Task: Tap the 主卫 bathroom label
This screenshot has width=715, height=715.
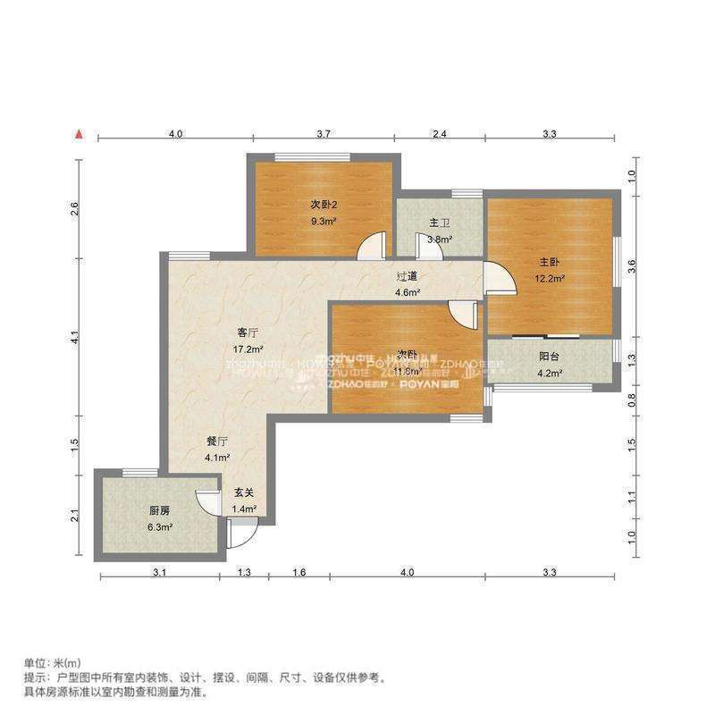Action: tap(439, 223)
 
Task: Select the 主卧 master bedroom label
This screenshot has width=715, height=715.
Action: tap(549, 262)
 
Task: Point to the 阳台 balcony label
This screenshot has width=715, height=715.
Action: tap(550, 357)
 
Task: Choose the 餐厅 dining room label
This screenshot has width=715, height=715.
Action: tap(217, 442)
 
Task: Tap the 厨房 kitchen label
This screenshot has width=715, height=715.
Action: tap(160, 510)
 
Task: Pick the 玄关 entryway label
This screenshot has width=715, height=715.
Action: tap(244, 492)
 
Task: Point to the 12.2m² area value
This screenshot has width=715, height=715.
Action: tap(550, 277)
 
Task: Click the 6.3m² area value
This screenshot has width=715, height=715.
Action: tap(160, 526)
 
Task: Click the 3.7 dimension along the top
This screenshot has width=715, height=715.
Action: tap(324, 133)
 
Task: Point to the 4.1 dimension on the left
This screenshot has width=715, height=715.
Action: tap(77, 338)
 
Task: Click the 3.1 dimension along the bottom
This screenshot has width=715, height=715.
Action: tap(158, 572)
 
